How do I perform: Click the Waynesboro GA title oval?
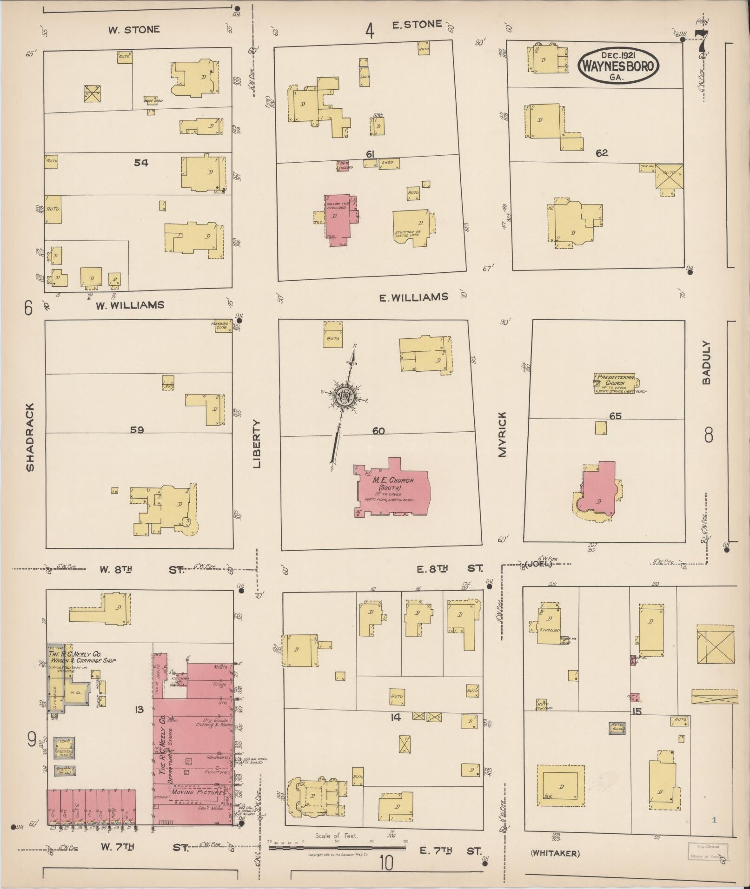click(618, 66)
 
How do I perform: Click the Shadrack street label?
click(30, 437)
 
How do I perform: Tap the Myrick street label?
click(502, 434)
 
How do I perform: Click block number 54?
click(141, 163)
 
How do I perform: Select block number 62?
click(602, 153)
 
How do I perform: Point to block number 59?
click(137, 430)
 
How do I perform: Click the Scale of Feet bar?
click(337, 848)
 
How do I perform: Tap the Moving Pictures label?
click(198, 792)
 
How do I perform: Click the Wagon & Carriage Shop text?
click(84, 660)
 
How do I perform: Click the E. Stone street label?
click(417, 25)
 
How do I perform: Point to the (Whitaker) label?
click(555, 853)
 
